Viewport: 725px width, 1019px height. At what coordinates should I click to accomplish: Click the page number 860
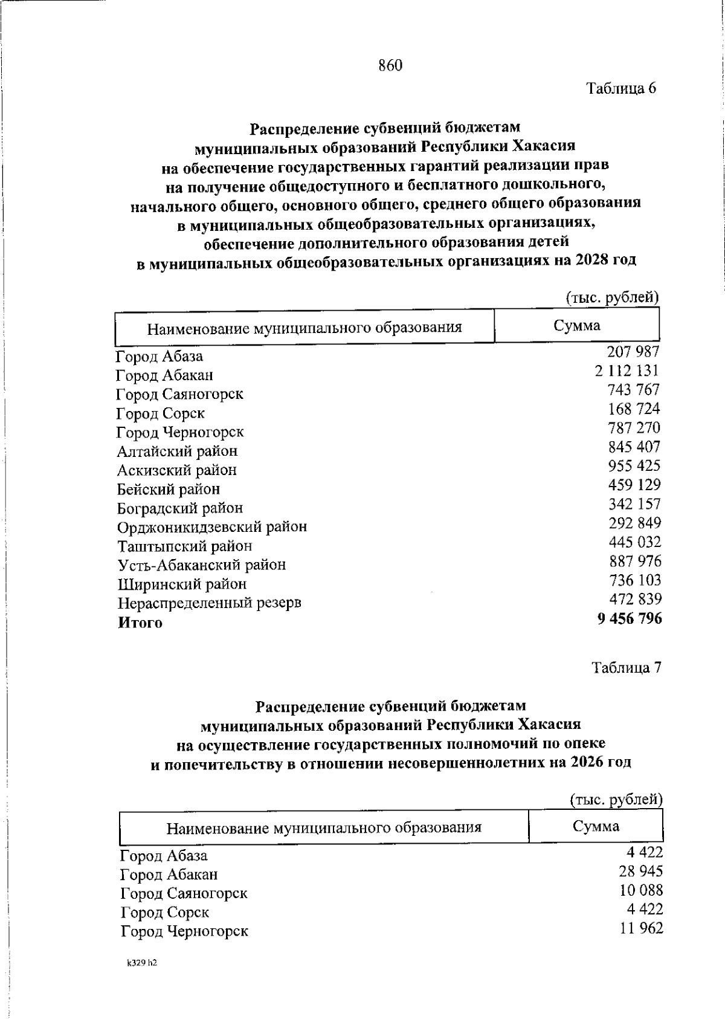click(x=390, y=65)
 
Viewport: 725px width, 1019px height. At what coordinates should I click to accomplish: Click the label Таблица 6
click(x=622, y=88)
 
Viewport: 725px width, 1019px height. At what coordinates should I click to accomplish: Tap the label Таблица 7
click(x=627, y=667)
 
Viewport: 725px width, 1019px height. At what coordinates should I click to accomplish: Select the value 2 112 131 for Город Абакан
click(x=627, y=370)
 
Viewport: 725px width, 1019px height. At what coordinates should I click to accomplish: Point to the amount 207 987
click(x=633, y=352)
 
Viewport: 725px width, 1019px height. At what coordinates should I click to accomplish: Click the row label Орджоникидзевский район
click(x=212, y=527)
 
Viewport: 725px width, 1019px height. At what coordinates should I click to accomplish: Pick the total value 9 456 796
click(x=630, y=619)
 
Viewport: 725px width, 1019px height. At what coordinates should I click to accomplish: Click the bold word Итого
click(x=140, y=623)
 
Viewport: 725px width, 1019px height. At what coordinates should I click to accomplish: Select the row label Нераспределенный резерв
click(x=209, y=603)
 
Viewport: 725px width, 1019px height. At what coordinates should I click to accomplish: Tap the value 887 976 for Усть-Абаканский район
click(x=635, y=561)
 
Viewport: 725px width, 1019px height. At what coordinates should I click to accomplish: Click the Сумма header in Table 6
click(x=577, y=326)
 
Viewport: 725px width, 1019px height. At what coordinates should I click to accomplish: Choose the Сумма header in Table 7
click(x=596, y=826)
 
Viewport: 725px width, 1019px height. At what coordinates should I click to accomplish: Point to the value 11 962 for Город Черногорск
click(x=641, y=928)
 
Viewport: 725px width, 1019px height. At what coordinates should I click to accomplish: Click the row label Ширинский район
click(x=182, y=584)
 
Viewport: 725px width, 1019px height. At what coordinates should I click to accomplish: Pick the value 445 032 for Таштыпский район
click(x=634, y=542)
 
